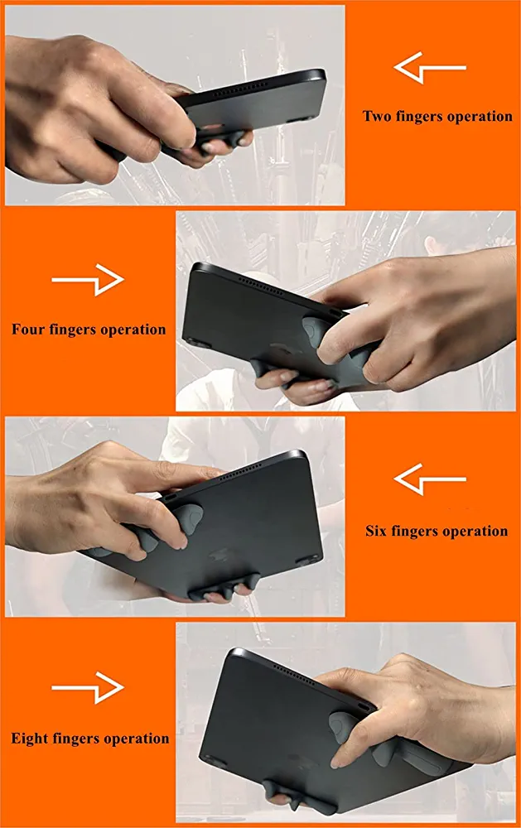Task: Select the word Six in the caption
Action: [375, 531]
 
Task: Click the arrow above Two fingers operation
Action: [430, 68]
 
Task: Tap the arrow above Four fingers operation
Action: [88, 280]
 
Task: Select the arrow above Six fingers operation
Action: [430, 479]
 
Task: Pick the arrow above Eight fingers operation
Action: [88, 687]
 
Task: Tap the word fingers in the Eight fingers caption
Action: [76, 739]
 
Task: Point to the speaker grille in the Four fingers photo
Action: [262, 285]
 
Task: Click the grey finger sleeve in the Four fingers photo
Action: [311, 330]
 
